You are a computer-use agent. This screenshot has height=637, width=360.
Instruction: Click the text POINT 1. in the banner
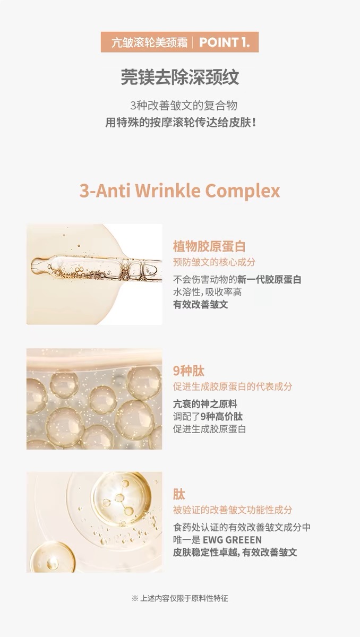pos(225,42)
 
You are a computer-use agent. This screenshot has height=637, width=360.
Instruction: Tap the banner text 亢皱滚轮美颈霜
pos(149,42)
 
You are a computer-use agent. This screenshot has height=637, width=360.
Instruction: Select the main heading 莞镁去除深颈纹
pos(179,77)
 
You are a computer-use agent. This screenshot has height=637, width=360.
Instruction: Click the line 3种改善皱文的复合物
pos(184,106)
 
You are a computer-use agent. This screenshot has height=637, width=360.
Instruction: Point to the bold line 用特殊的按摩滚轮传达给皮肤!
pos(181,123)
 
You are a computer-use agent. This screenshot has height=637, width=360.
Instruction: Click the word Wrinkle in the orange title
pos(167,191)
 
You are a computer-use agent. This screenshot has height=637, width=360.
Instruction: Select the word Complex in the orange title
pos(243,192)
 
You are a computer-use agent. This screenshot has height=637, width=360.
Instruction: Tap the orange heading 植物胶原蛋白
pos(209,246)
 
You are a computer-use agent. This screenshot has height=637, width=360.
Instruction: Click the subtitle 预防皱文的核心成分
pos(214,262)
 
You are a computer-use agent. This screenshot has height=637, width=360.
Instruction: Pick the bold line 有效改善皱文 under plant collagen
pos(201,305)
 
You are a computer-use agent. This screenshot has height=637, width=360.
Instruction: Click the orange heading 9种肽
pos(188,371)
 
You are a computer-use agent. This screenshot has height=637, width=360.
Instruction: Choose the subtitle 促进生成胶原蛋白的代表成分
pos(233,386)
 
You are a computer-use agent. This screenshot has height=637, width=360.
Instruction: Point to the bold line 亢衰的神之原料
pos(205,404)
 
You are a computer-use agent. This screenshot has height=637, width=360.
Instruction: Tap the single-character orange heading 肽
pos(179,495)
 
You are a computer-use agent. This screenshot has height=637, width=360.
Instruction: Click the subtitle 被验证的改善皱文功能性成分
pos(233,510)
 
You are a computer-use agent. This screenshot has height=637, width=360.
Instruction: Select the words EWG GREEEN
pos(232,540)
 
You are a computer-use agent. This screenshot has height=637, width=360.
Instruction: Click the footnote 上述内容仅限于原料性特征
pos(184,598)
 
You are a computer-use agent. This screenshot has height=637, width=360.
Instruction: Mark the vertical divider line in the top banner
pos(193,42)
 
